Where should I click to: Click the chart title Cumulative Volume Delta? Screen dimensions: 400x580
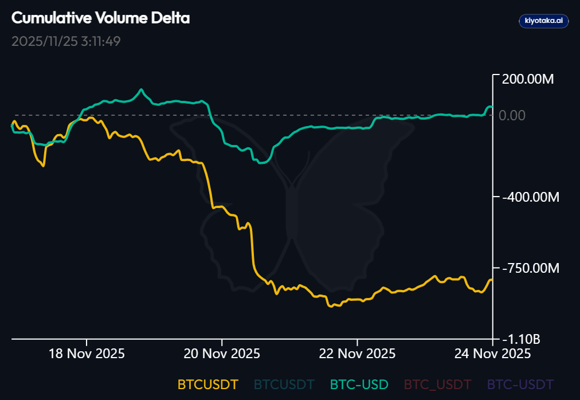pyautogui.click(x=100, y=18)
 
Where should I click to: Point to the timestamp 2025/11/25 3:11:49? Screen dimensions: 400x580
pyautogui.click(x=66, y=41)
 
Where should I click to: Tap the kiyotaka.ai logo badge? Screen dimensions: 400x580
pyautogui.click(x=543, y=21)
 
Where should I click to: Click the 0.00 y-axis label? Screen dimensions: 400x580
pyautogui.click(x=512, y=115)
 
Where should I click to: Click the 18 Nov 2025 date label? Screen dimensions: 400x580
pyautogui.click(x=87, y=354)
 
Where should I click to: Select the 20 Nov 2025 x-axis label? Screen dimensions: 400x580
pyautogui.click(x=222, y=354)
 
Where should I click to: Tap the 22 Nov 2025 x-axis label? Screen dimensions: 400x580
pyautogui.click(x=357, y=354)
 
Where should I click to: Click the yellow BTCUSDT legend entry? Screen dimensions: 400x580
pyautogui.click(x=207, y=384)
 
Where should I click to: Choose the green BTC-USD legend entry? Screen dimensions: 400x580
pyautogui.click(x=359, y=384)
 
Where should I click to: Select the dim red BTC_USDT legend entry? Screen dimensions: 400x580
pyautogui.click(x=437, y=384)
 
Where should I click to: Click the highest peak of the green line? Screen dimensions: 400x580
pyautogui.click(x=142, y=90)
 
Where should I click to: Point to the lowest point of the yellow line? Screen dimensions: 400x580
pyautogui.click(x=331, y=306)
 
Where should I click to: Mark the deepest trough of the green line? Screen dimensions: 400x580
pyautogui.click(x=261, y=163)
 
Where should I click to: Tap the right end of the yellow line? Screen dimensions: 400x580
pyautogui.click(x=492, y=280)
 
